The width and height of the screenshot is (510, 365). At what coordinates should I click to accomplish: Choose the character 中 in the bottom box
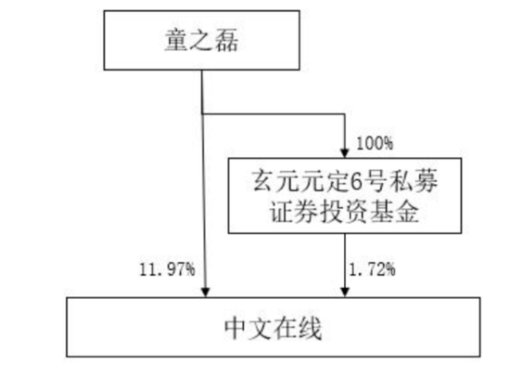[x=236, y=327]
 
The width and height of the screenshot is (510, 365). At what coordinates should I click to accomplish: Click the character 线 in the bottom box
[x=315, y=327]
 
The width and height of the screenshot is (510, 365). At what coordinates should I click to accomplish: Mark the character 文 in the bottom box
[x=262, y=327]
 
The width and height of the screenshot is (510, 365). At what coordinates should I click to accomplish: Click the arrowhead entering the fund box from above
[x=344, y=150]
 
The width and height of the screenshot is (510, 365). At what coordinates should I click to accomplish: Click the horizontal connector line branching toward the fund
[x=274, y=116]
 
